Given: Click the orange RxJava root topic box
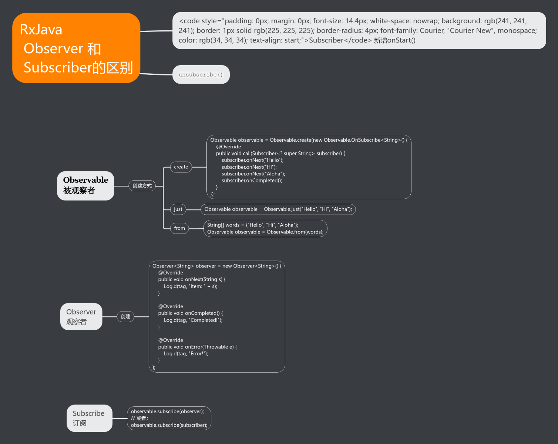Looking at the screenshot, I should tap(76, 48).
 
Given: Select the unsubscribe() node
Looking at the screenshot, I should tap(201, 75).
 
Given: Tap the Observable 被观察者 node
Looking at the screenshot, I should tap(85, 186).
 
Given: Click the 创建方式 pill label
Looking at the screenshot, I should tap(142, 186).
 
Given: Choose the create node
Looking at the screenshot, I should tap(181, 167).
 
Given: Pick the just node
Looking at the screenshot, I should tap(178, 209).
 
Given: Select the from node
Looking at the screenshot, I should tap(179, 228).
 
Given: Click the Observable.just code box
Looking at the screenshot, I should tap(278, 209).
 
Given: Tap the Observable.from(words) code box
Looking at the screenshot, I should tap(265, 229).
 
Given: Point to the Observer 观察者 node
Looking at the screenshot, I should tap(81, 317).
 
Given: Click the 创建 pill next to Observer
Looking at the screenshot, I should tap(125, 317).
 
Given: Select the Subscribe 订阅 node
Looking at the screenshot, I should tap(89, 418).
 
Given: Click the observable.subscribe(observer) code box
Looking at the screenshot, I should tap(169, 418).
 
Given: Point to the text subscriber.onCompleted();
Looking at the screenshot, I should tap(252, 181).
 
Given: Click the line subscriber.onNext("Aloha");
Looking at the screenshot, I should tap(253, 174).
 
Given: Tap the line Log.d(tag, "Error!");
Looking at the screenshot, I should tap(186, 354).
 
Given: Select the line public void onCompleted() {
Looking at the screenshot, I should tap(190, 313).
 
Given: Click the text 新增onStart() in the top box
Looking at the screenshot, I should tap(394, 40).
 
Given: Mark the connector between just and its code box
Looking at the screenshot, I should tap(193, 209).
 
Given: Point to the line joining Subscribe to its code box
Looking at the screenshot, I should tap(120, 418).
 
